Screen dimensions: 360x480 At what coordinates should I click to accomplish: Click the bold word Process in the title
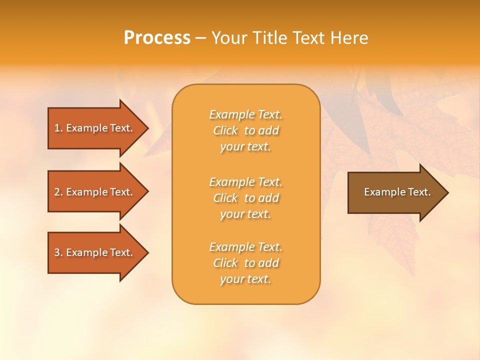point(157,38)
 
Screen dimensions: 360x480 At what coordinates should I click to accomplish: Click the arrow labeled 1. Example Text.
point(94,128)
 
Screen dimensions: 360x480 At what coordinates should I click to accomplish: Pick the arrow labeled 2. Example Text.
point(94,192)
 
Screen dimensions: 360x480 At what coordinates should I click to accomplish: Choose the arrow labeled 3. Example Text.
point(94,252)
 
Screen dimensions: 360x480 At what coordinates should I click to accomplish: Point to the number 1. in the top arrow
point(58,128)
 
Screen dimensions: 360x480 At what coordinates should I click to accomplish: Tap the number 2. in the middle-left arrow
point(58,192)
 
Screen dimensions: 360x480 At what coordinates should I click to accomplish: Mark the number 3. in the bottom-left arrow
point(58,252)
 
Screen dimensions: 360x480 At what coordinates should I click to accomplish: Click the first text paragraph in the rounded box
point(245,130)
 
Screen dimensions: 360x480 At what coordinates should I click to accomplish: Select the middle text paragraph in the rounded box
point(245,198)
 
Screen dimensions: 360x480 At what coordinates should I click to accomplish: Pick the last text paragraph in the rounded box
point(245,263)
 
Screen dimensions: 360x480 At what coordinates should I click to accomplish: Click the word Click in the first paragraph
point(225,130)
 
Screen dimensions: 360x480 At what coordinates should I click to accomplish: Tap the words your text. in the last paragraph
point(245,279)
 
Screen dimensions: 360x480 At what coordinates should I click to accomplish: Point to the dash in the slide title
point(200,38)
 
